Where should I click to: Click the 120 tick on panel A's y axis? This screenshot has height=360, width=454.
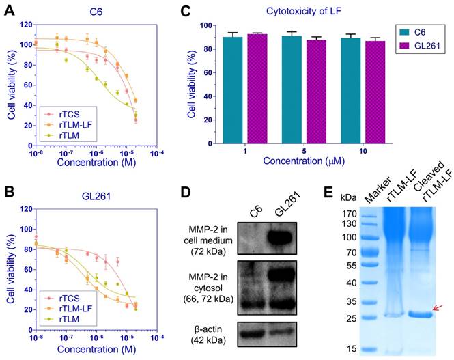[x=26, y=25]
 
